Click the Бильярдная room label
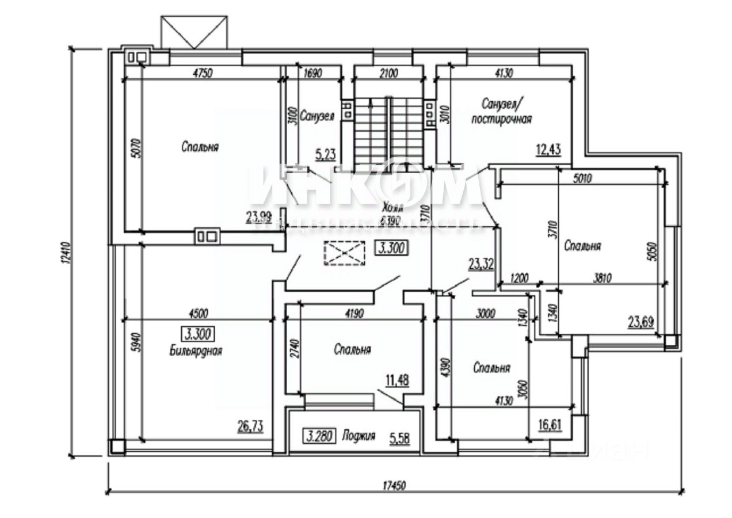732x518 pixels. click(196, 350)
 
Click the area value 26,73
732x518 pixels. click(250, 426)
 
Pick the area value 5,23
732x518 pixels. click(326, 154)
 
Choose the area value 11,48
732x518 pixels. click(396, 380)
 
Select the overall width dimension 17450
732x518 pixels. click(396, 485)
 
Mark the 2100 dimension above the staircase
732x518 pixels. click(389, 73)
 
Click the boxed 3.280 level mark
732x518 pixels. click(318, 436)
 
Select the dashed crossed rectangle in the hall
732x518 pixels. click(344, 253)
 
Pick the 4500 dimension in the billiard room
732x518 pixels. click(197, 313)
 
